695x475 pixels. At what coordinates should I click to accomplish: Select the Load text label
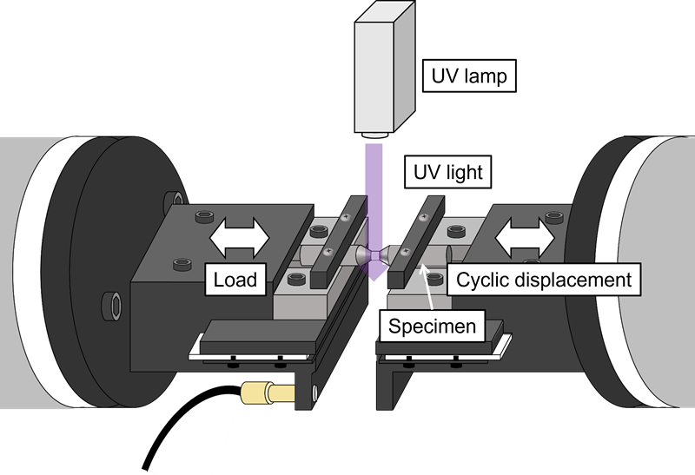tap(235, 280)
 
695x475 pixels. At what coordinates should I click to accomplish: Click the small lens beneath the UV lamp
tap(376, 136)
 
